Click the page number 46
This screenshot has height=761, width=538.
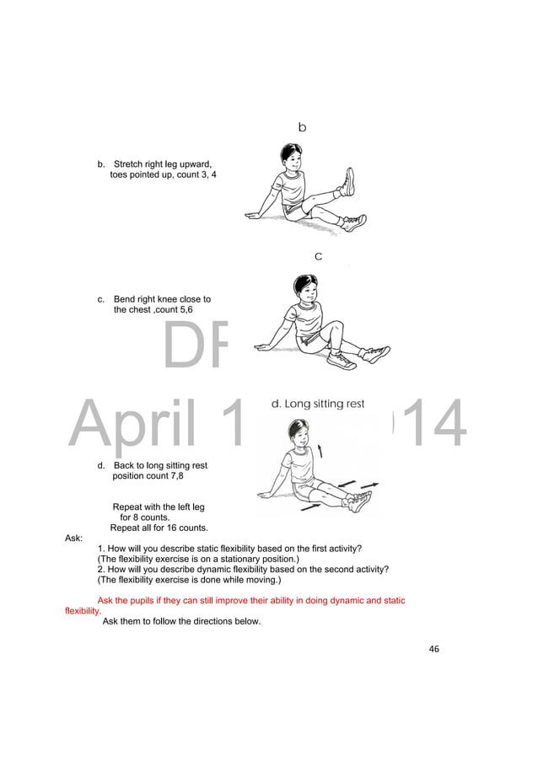[x=434, y=649]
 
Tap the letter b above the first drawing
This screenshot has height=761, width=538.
[x=302, y=127]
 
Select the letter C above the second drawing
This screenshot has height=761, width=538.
[x=318, y=256]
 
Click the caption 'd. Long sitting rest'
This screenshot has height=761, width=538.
[x=318, y=404]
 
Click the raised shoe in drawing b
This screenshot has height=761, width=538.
[x=347, y=181]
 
